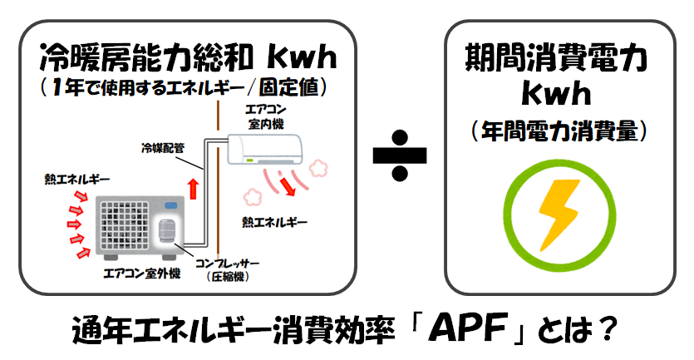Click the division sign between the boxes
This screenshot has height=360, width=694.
[399, 155]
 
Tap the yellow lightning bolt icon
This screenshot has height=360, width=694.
[559, 215]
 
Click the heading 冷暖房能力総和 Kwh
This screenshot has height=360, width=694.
[188, 57]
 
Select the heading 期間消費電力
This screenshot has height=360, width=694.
[556, 57]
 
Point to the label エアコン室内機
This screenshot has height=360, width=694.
[266, 117]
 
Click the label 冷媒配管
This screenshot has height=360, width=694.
[162, 148]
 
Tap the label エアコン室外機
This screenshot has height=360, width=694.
[142, 274]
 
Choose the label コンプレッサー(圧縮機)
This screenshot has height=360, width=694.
[228, 269]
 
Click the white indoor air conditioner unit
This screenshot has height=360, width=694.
[264, 149]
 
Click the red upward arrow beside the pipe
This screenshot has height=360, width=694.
[193, 189]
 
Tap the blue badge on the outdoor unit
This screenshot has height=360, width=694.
[171, 205]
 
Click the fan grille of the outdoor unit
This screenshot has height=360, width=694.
[125, 226]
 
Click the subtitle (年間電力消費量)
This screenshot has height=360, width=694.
[559, 131]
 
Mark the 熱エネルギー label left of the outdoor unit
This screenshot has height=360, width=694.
[76, 179]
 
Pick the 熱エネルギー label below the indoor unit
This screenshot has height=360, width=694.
[274, 222]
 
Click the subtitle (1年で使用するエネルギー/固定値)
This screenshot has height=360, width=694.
[185, 87]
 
